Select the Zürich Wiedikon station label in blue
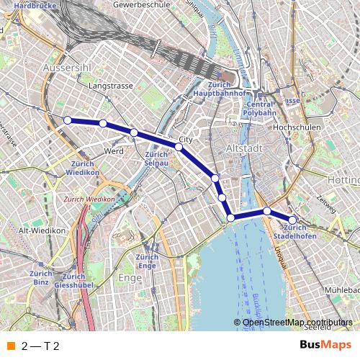(81, 168)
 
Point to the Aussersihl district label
(68, 67)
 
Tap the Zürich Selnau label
(156, 159)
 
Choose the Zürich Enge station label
(147, 261)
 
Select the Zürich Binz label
(41, 277)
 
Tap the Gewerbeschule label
(139, 5)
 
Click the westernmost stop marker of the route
(68, 120)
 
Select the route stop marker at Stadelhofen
(292, 220)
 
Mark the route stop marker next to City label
(179, 146)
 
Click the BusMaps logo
(325, 346)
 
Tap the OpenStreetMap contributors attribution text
(297, 323)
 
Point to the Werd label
(114, 152)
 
